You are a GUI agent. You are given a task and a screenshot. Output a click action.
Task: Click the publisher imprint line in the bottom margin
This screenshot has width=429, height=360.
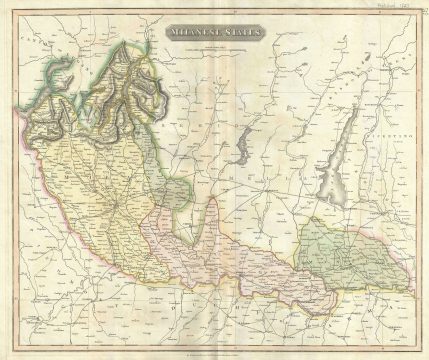[214, 348]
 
